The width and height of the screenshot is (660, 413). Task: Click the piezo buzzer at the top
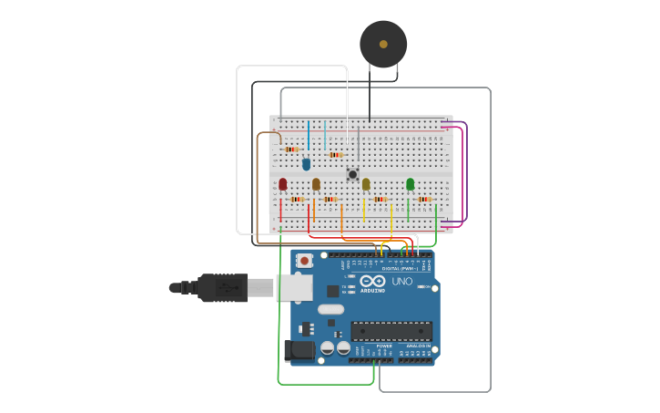coord(383,44)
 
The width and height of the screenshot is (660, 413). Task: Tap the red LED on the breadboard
coord(282,184)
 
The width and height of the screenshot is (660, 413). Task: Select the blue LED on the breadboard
coord(306,164)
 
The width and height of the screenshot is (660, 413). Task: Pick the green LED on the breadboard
coord(410,184)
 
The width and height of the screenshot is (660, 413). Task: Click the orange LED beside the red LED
coord(316,184)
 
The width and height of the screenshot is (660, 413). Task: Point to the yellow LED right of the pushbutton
coord(366,184)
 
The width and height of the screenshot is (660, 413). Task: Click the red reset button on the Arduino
coord(304,261)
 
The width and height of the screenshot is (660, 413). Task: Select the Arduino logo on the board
coord(372,282)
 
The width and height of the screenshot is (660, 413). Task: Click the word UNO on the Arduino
coord(402,282)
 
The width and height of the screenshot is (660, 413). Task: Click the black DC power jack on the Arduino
coord(297,351)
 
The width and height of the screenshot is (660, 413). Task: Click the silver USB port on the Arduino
coord(294,287)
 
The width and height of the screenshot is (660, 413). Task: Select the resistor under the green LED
coord(424,199)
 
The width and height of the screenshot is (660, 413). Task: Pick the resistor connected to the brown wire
coord(291,150)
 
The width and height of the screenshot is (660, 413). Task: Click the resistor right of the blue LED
coord(336,155)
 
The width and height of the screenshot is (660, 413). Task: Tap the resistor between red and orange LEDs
coord(297,199)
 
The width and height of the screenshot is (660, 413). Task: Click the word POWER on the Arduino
coord(384,346)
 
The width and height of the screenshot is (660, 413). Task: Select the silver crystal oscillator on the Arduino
coord(330,309)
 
